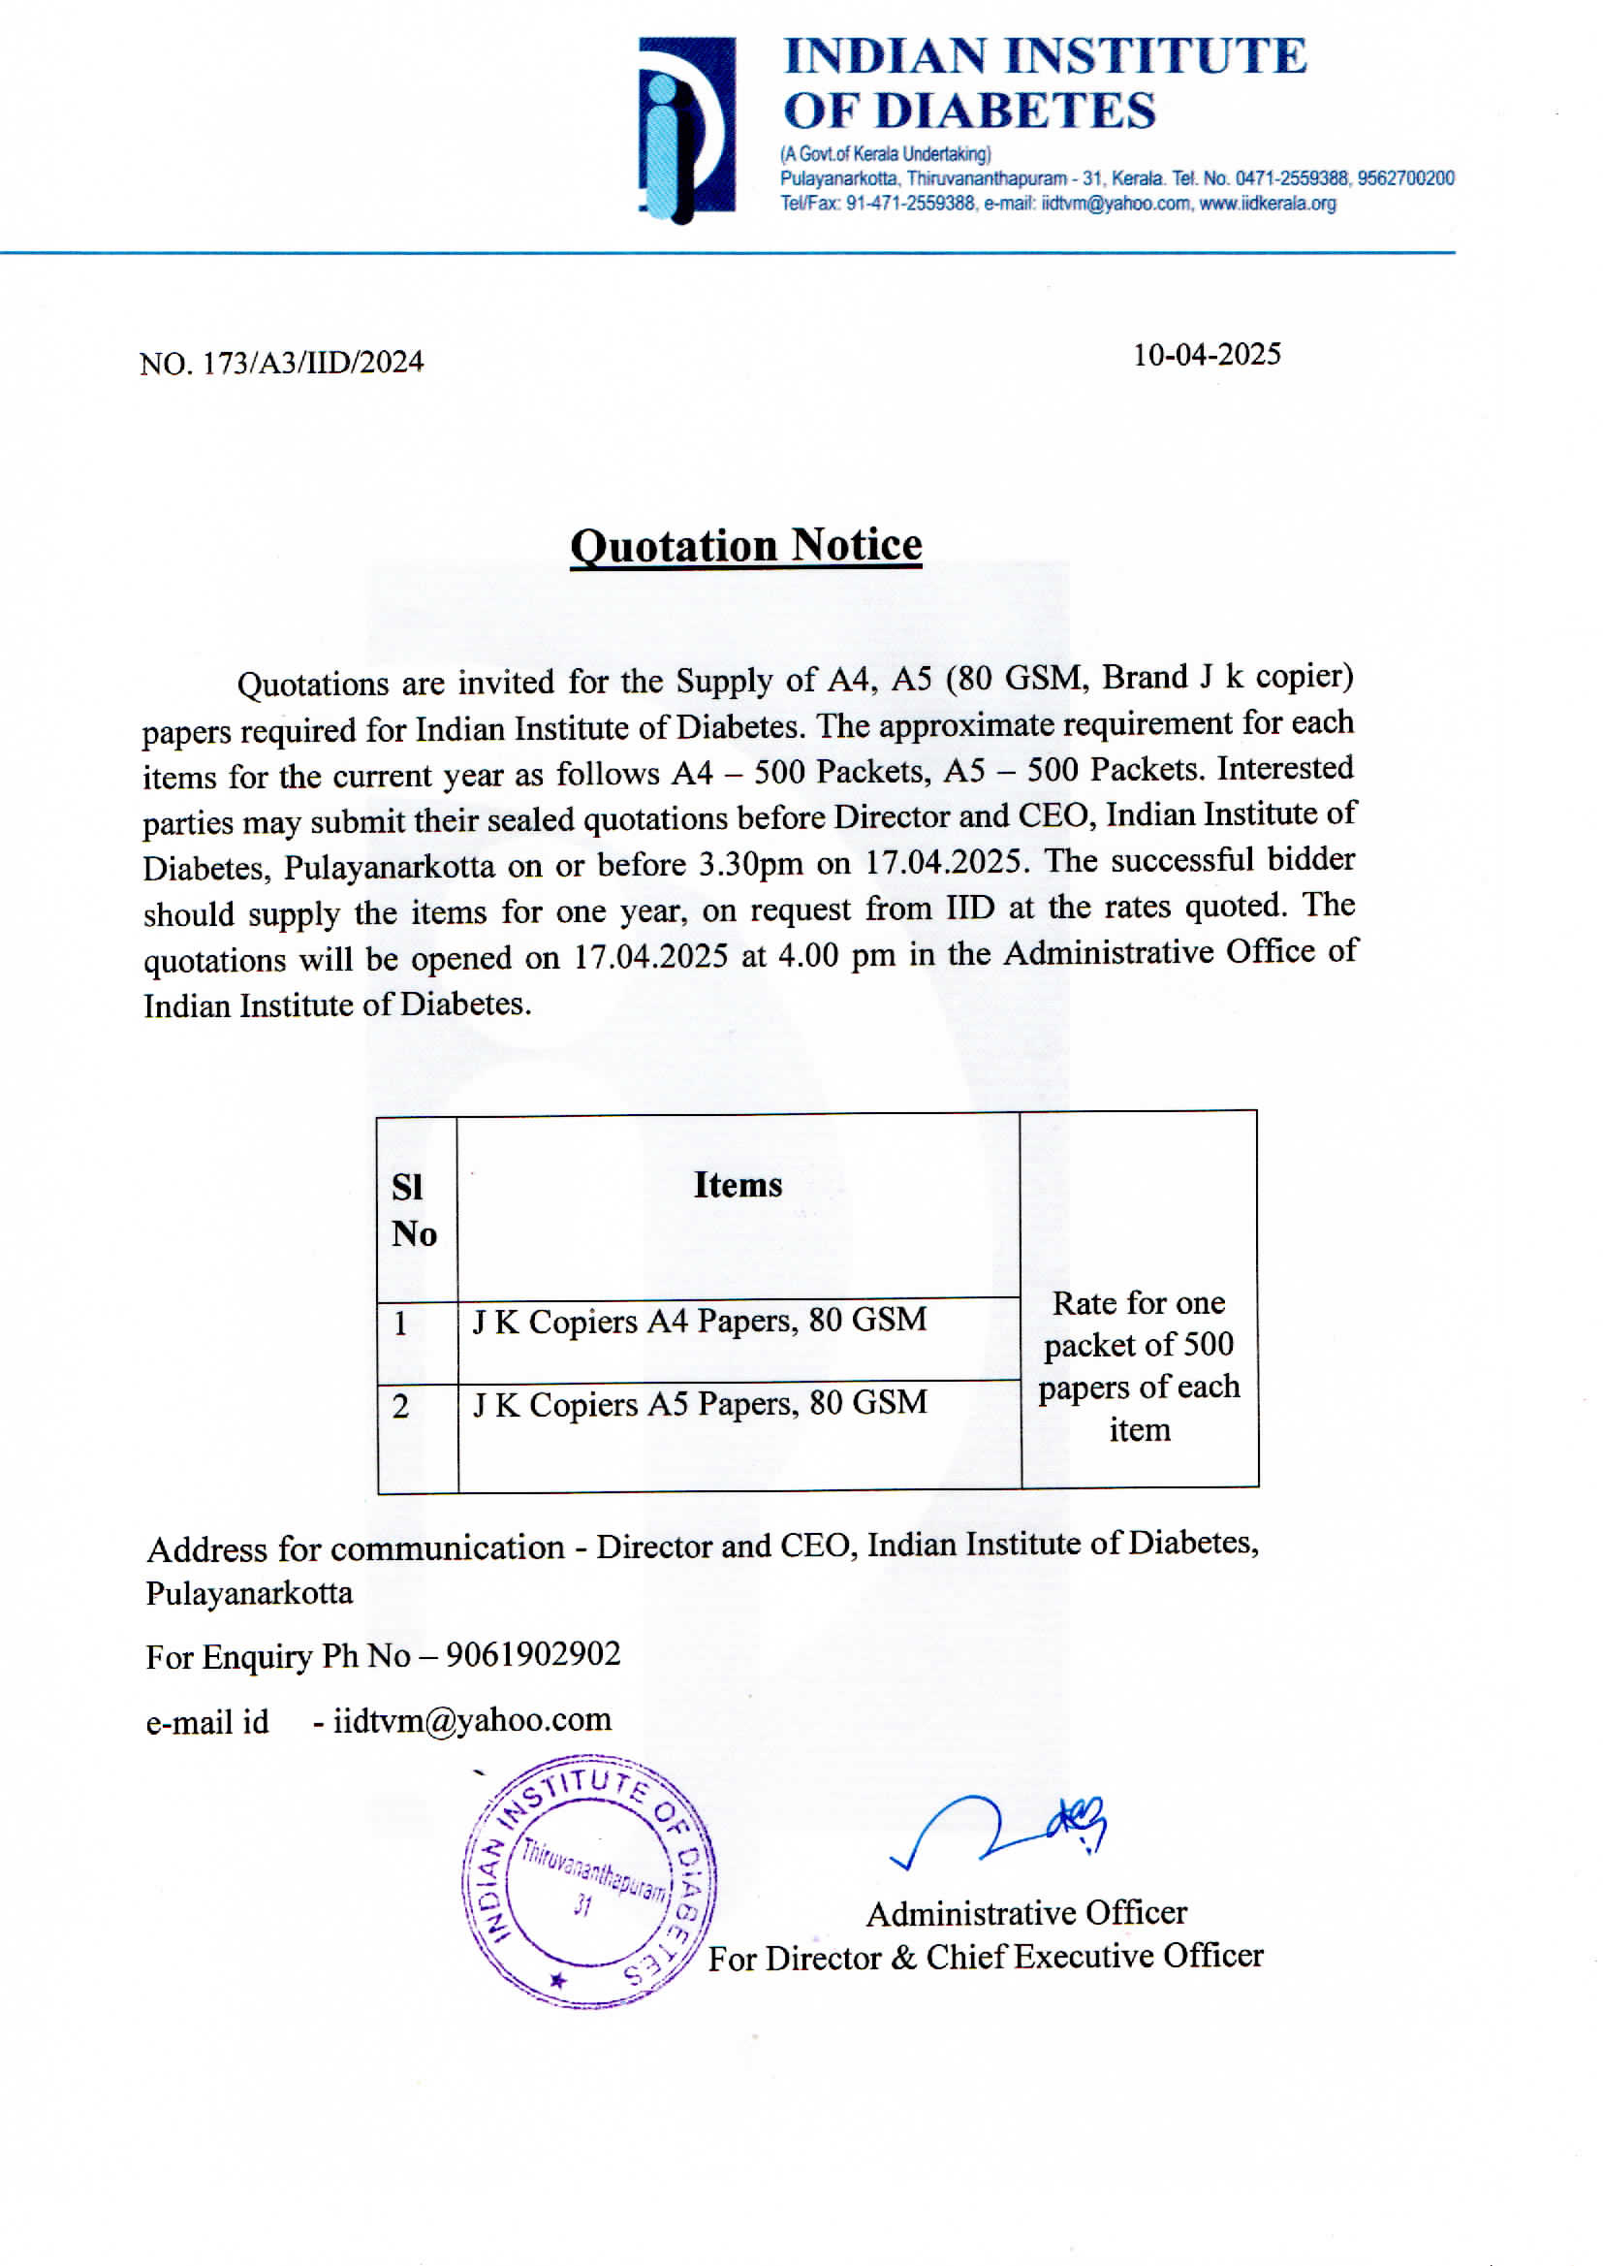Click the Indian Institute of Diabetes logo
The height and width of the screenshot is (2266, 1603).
pyautogui.click(x=687, y=129)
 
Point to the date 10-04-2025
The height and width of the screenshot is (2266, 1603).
pyautogui.click(x=1207, y=355)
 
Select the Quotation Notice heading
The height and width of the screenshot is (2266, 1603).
pyautogui.click(x=746, y=546)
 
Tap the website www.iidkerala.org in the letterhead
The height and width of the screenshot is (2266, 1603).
pyautogui.click(x=1268, y=204)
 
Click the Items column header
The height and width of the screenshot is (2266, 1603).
pyautogui.click(x=738, y=1185)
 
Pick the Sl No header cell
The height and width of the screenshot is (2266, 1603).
pyautogui.click(x=415, y=1209)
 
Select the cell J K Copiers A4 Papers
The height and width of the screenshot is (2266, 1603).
pyautogui.click(x=700, y=1320)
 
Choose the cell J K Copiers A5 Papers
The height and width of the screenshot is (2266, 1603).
pyautogui.click(x=700, y=1403)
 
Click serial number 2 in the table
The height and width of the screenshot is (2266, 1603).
pyautogui.click(x=401, y=1406)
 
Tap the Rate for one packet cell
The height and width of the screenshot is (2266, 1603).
pyautogui.click(x=1138, y=1365)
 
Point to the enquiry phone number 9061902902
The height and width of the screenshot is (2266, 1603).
pyautogui.click(x=533, y=1654)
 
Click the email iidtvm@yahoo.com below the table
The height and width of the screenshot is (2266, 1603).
pyautogui.click(x=472, y=1720)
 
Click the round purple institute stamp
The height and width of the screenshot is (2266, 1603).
pyautogui.click(x=589, y=1881)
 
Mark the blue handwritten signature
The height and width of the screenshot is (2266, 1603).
pyautogui.click(x=1002, y=1830)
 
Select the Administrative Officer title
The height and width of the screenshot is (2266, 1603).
pyautogui.click(x=1026, y=1912)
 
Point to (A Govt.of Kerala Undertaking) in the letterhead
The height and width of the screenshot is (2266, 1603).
pyautogui.click(x=886, y=154)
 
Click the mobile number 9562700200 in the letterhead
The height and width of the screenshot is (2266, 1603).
pyautogui.click(x=1405, y=178)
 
